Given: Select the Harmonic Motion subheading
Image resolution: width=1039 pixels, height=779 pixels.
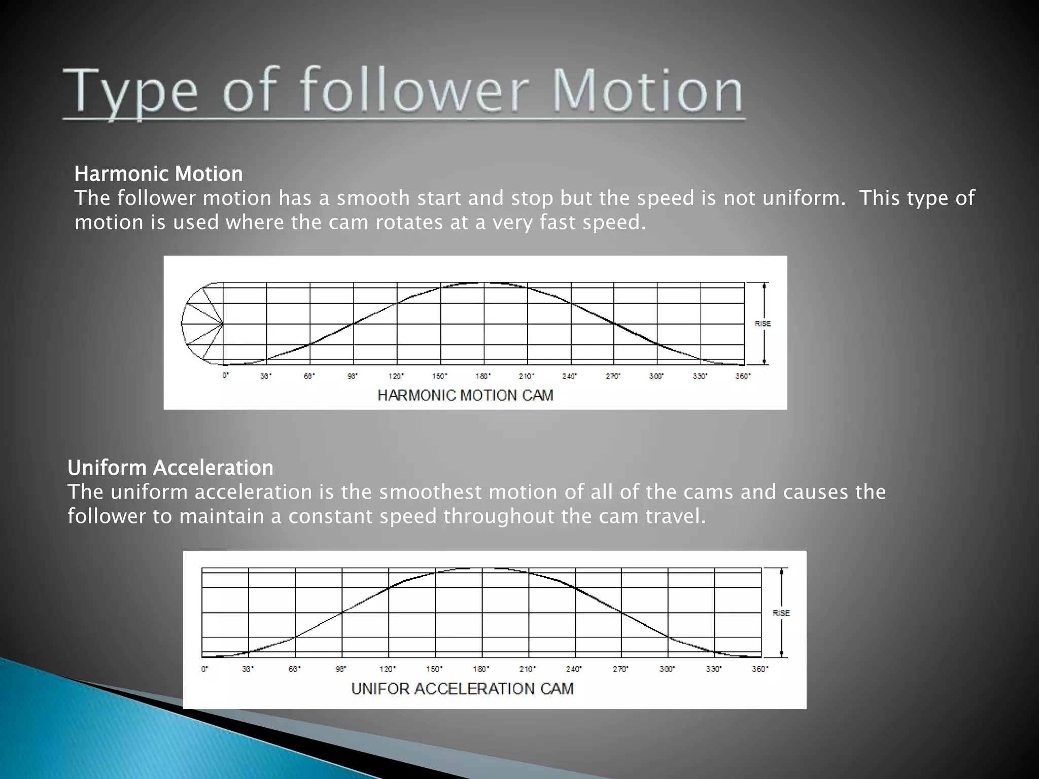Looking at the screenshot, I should point(158,174).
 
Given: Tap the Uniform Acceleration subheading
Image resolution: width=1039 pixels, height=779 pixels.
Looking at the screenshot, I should point(170,468).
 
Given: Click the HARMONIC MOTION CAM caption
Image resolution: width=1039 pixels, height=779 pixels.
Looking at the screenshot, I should point(465,396).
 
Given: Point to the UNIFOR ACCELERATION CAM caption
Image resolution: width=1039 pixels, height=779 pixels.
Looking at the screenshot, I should point(462,689).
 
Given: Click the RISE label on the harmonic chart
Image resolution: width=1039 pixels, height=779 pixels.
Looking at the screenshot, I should point(763,324).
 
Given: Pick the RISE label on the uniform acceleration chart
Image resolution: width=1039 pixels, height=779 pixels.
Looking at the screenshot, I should point(781,613).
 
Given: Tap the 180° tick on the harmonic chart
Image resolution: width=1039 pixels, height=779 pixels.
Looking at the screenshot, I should point(483,376).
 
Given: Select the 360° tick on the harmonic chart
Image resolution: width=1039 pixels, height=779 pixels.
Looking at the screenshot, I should point(743,376).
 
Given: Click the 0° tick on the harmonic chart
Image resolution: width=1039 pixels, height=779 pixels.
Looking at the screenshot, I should point(226,376).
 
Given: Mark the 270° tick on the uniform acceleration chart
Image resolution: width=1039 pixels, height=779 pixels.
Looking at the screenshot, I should point(620,669).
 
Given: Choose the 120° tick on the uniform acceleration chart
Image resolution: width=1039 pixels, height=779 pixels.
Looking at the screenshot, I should point(388,669).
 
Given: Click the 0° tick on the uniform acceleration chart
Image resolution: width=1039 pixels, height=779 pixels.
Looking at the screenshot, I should point(204,669).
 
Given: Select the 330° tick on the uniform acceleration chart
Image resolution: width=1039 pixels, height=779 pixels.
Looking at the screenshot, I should point(714,669).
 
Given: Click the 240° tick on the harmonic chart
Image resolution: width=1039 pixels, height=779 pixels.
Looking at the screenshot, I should point(570,376).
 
